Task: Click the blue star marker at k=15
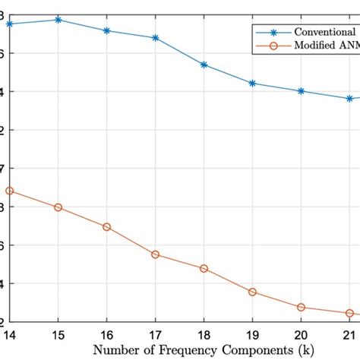click(x=58, y=19)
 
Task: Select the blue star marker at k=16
click(x=107, y=30)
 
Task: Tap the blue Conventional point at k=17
click(x=156, y=37)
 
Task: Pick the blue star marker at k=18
click(x=204, y=65)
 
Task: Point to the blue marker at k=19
click(x=252, y=83)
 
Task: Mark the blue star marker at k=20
click(x=301, y=91)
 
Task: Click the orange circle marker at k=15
click(x=58, y=207)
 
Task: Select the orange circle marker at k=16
click(x=107, y=227)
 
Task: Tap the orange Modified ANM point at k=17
click(x=156, y=254)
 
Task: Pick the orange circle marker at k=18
click(x=204, y=269)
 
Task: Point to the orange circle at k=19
click(x=252, y=292)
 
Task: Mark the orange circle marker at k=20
click(x=301, y=308)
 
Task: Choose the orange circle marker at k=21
click(x=349, y=313)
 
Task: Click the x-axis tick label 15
click(x=58, y=334)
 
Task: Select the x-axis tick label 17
click(x=156, y=334)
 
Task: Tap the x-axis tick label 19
click(x=252, y=334)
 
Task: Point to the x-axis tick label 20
click(x=301, y=334)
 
